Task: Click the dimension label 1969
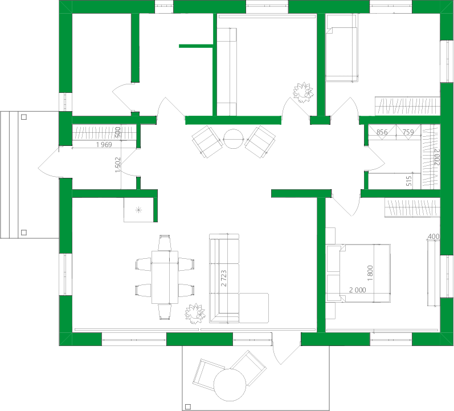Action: point(103,145)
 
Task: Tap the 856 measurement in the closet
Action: point(382,132)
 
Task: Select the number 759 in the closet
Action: point(408,132)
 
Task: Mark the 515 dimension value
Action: point(408,181)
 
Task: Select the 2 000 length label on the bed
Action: point(357,290)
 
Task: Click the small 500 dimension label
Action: point(118,132)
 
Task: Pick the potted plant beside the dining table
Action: point(195,313)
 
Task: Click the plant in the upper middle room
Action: point(303,92)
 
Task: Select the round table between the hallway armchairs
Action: point(233,139)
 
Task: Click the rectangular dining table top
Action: point(165,277)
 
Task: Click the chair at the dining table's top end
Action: point(165,243)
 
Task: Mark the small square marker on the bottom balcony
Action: point(187,406)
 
